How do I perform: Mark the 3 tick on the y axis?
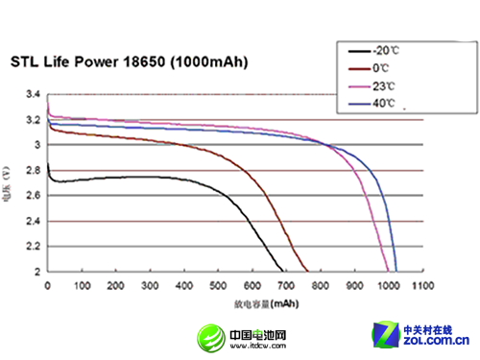(x=36, y=146)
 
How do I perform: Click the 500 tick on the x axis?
(x=219, y=285)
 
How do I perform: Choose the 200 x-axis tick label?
(x=116, y=285)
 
